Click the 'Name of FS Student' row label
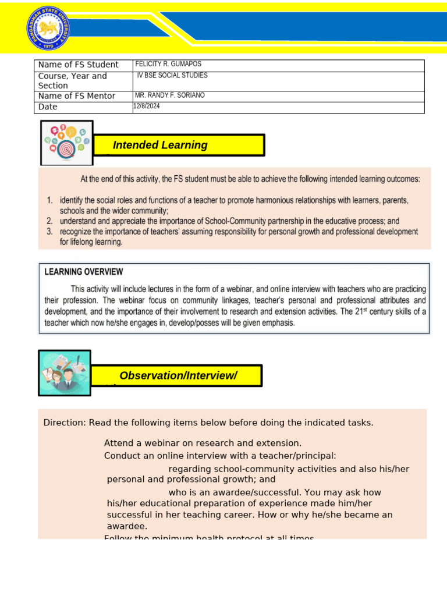click(x=78, y=65)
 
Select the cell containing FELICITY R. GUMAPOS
click(x=168, y=64)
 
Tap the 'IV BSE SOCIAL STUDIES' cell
click(x=172, y=76)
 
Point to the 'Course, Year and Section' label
click(x=72, y=81)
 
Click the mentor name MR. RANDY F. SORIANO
click(x=169, y=95)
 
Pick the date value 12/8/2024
click(x=147, y=107)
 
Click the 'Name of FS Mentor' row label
click(x=76, y=96)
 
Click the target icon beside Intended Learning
click(x=66, y=143)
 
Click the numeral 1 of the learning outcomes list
click(x=50, y=200)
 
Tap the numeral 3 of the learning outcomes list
click(x=50, y=232)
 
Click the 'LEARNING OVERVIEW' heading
click(x=84, y=271)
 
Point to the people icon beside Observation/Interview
click(x=64, y=372)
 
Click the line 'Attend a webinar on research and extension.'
click(x=203, y=444)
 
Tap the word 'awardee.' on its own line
click(x=127, y=526)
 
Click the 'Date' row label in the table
click(x=48, y=107)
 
